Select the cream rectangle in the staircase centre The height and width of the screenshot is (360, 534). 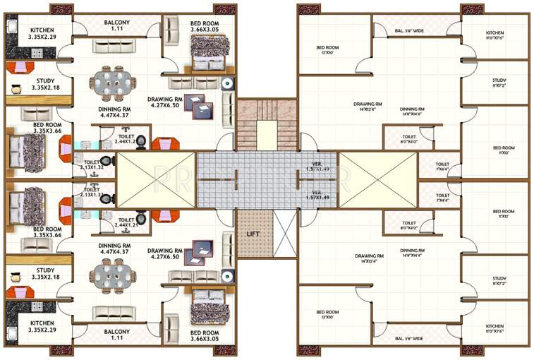point(266,134)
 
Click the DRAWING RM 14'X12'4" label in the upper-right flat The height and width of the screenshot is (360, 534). point(369,107)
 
